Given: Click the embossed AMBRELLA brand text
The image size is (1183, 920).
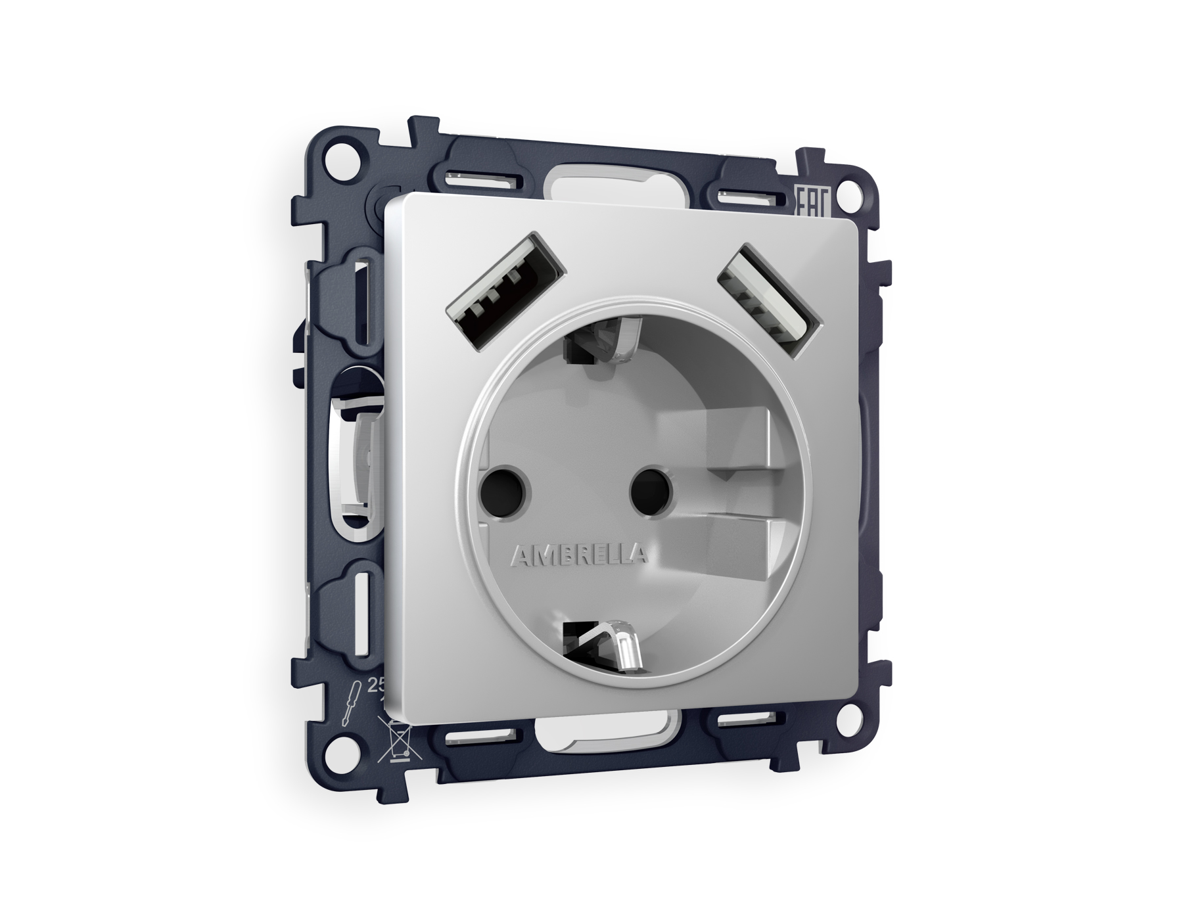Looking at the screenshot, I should [x=578, y=556].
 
